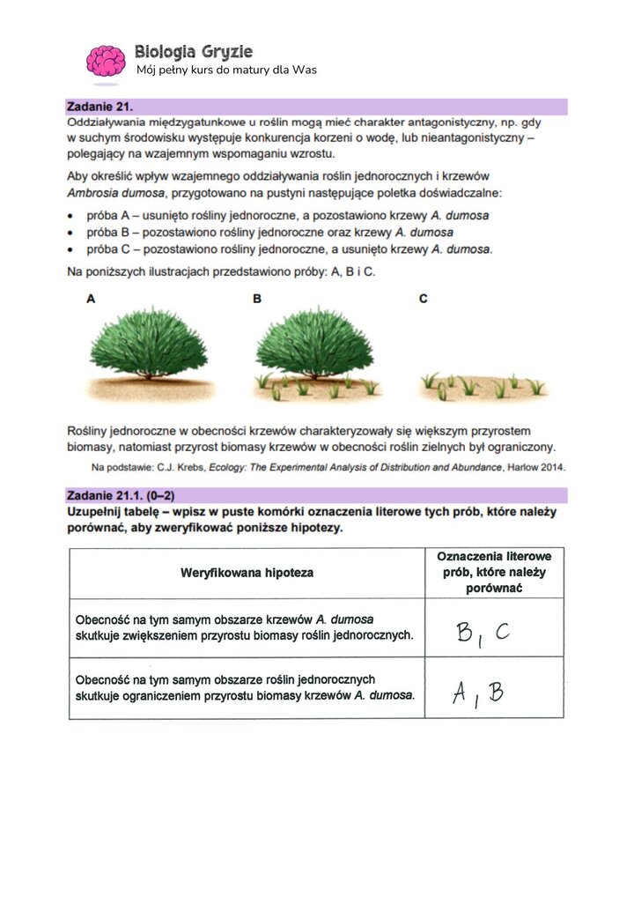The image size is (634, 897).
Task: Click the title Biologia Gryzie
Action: pyautogui.click(x=194, y=52)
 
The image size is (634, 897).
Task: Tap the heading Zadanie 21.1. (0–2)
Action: pyautogui.click(x=115, y=495)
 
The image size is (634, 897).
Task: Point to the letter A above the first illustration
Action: pyautogui.click(x=91, y=300)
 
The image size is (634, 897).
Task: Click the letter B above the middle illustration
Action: pyautogui.click(x=257, y=300)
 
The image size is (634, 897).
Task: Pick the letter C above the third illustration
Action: pyautogui.click(x=423, y=300)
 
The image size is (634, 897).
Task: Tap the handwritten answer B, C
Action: pyautogui.click(x=483, y=632)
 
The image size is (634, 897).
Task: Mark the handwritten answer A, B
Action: pyautogui.click(x=478, y=694)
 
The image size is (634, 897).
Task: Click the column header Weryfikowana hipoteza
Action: pyautogui.click(x=247, y=573)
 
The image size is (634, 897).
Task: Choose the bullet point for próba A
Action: pyautogui.click(x=72, y=216)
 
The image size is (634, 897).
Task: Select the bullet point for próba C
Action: pyautogui.click(x=72, y=249)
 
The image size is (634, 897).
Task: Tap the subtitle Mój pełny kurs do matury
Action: pyautogui.click(x=226, y=70)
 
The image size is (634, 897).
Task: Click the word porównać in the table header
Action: pyautogui.click(x=494, y=588)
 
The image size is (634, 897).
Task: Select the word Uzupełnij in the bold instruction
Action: pyautogui.click(x=95, y=511)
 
